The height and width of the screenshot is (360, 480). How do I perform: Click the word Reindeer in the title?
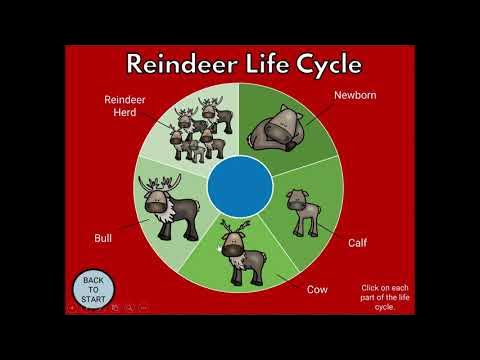(x=182, y=65)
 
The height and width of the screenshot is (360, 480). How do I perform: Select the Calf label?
(x=357, y=243)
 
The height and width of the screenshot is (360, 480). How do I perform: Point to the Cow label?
(x=317, y=289)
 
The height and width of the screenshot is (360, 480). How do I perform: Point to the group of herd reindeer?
(x=196, y=131)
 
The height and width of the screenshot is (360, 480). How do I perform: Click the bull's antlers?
(x=161, y=186)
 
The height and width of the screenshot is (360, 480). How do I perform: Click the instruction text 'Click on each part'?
(x=384, y=297)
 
